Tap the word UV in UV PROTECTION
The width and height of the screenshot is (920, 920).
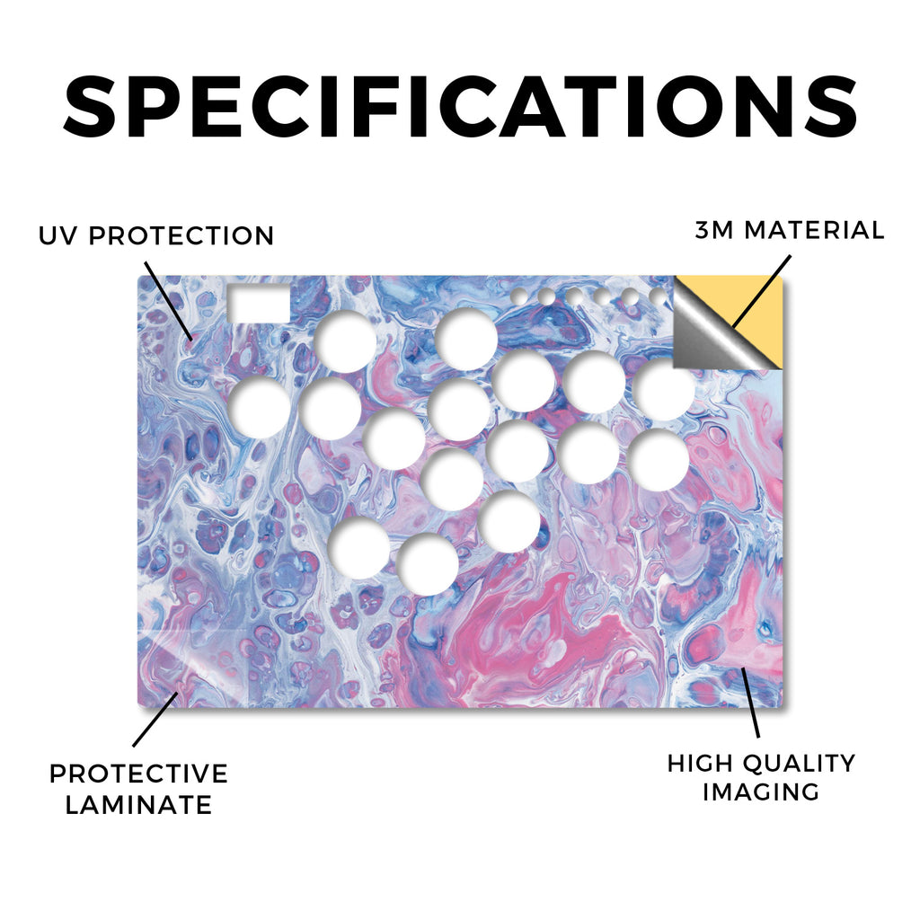coord(57,236)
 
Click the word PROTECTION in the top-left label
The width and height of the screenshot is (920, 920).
coord(181,236)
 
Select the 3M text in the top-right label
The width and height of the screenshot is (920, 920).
coord(714,230)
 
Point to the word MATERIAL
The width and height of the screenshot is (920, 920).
coord(814,230)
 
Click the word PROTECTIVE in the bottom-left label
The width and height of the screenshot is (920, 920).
coord(138,774)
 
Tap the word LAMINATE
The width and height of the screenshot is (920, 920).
coord(138,805)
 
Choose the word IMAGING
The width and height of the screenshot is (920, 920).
coord(760,792)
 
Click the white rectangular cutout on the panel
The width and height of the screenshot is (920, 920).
coord(259,304)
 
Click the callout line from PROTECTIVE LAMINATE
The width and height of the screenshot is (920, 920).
coord(155,720)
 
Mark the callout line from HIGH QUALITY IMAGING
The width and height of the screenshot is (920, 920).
coord(750,703)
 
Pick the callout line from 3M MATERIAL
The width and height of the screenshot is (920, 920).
coord(762,291)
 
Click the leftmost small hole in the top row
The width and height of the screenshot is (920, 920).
coord(519,296)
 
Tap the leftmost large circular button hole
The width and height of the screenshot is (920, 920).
coord(260,407)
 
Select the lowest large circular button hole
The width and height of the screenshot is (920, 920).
coord(427,564)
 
